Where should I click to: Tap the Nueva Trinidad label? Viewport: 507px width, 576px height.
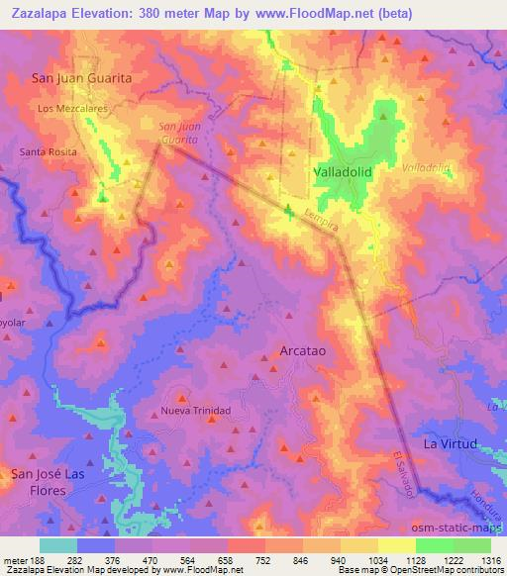(x=196, y=411)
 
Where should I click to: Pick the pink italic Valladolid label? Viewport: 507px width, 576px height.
(x=427, y=167)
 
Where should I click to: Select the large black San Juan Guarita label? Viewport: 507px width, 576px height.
(x=82, y=76)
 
